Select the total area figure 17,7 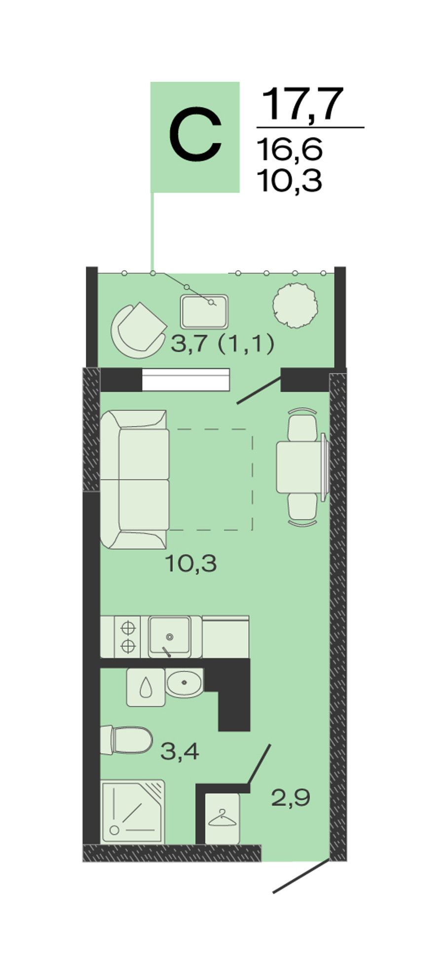coord(302,105)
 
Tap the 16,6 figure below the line coord(290,149)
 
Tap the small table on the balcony coord(204,312)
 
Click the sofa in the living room coord(135,479)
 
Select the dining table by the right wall coord(301,467)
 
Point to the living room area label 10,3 coord(191,563)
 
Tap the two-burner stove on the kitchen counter coord(127,636)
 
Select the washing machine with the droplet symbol coord(146,687)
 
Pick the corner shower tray coord(133,811)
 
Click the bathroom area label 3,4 coord(180,751)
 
